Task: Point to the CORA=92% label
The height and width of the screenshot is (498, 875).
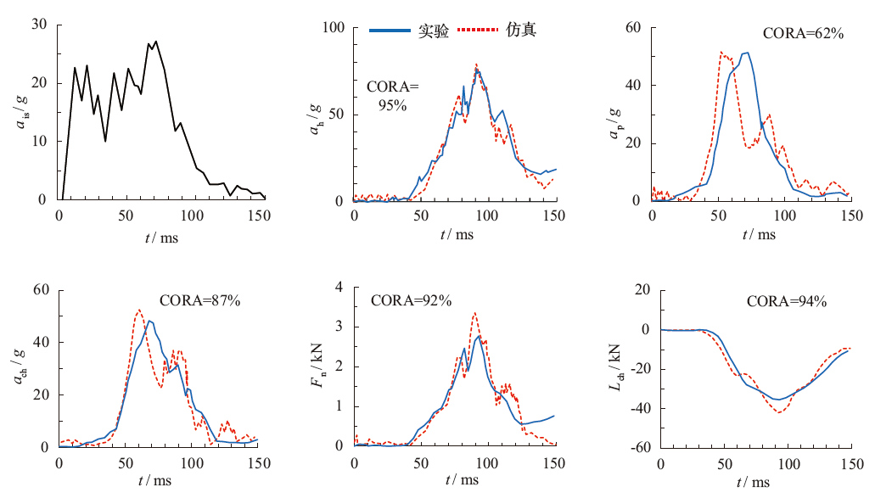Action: pos(411,299)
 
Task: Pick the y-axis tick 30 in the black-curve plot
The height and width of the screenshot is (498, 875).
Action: pos(38,24)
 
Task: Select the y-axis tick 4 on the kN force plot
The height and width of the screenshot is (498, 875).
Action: pos(338,288)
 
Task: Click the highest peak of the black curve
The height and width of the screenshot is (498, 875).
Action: pos(156,41)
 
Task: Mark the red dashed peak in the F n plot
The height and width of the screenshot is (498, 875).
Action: pos(474,313)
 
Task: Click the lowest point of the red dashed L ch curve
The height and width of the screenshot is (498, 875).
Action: pos(777,412)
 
